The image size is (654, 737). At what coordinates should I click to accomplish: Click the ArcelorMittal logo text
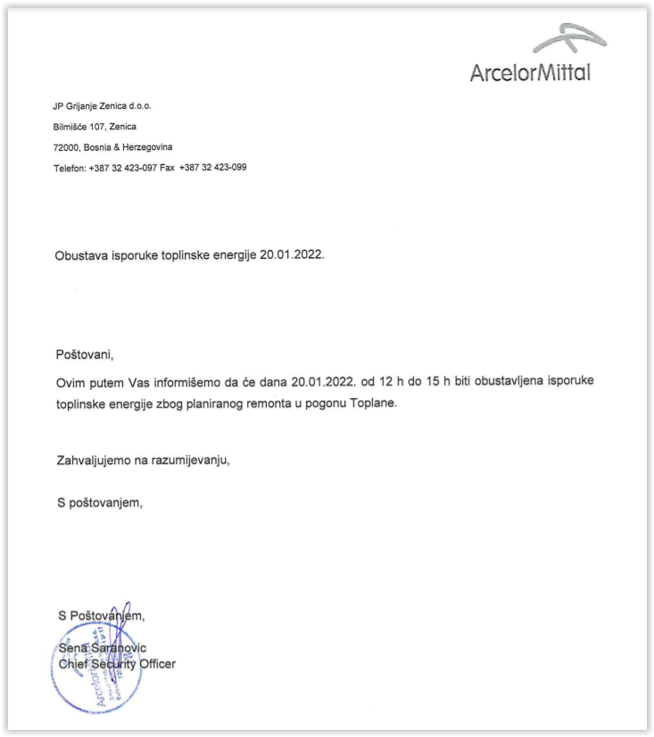[530, 72]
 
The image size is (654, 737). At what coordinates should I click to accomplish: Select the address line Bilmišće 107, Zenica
[95, 127]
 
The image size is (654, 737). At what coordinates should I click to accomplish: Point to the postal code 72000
[66, 147]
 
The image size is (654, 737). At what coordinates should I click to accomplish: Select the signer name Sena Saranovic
[102, 648]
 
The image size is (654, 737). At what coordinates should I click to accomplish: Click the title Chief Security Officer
[117, 664]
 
